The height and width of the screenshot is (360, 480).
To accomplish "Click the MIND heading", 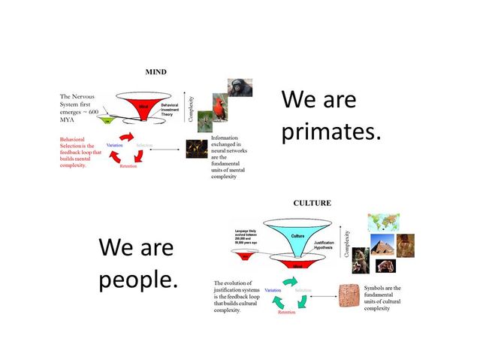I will (155, 72).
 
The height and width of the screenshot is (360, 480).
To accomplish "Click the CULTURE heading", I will (312, 203).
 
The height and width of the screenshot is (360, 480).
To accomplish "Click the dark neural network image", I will (197, 149).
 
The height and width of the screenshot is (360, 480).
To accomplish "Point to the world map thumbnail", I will (383, 222).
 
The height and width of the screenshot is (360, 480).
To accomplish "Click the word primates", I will (331, 132).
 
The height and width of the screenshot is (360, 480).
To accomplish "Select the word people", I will (138, 280).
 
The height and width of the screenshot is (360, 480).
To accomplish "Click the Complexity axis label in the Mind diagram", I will (191, 109).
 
